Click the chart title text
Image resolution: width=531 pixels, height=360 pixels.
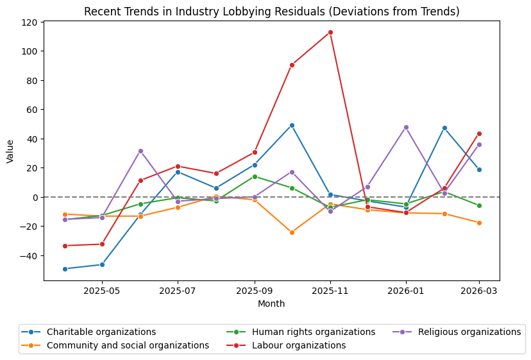coord(271,12)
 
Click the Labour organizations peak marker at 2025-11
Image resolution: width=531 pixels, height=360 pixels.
coord(330,32)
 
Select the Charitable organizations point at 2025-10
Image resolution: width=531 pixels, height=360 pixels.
coord(292,125)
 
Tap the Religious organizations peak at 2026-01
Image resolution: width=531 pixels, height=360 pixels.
coord(406,127)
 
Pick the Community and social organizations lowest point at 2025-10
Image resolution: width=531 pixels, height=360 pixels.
coord(292,232)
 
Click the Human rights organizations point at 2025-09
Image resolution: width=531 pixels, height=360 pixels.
coord(255,176)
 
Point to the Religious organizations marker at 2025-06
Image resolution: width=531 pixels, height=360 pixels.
coord(140,151)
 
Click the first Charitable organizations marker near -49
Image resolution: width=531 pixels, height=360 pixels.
coord(65,269)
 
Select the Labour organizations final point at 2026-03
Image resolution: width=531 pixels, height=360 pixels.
coord(479,133)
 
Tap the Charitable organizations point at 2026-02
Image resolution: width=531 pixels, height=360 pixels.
coord(444,128)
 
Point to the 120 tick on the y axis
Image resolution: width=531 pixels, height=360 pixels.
coord(29,22)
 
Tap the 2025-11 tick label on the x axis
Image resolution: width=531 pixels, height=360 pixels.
coord(330,291)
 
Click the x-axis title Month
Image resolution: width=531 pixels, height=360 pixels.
coord(271,304)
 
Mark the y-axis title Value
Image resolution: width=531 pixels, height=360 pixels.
coord(10,151)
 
